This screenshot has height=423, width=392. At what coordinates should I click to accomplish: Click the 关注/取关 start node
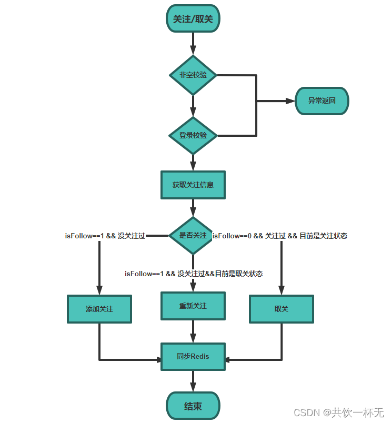point(193,19)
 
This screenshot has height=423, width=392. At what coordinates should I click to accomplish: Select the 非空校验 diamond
point(193,75)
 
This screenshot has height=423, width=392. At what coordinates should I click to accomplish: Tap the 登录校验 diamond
point(193,136)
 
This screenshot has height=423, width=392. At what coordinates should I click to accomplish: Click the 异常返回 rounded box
point(321,101)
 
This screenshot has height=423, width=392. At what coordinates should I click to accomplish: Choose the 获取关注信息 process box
point(193,185)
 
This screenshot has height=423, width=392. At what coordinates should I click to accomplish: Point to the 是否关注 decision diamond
point(193,236)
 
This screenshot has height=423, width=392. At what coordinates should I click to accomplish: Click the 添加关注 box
point(99,309)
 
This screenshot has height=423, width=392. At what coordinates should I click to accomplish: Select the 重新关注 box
point(193,306)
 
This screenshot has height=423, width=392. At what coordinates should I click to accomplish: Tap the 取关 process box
point(281,309)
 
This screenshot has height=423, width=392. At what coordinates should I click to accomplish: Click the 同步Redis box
point(193,356)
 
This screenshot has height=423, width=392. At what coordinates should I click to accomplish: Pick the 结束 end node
point(193,406)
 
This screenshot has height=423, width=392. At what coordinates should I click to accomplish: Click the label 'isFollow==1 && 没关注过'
point(105,236)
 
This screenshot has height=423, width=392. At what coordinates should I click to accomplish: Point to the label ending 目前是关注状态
point(279,236)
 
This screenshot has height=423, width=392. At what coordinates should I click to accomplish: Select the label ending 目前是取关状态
point(193,274)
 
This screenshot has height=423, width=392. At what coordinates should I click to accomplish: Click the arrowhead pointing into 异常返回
point(289,101)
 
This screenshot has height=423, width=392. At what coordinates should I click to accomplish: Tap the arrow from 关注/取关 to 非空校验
point(193,43)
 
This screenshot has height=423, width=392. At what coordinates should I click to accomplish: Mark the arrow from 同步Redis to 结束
point(193,381)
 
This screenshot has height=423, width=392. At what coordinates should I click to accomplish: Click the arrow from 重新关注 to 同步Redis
point(193,331)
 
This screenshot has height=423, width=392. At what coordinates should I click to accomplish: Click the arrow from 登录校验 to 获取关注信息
point(193,163)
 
